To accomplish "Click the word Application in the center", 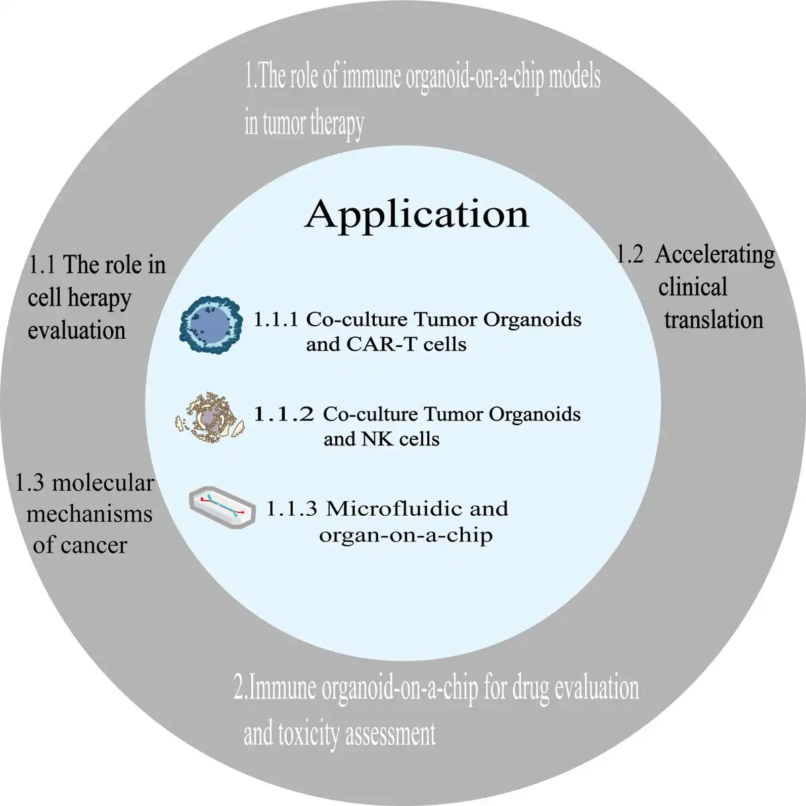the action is [416, 215].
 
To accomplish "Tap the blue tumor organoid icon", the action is [211, 324].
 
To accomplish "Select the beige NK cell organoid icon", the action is [210, 417].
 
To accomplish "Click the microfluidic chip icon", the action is [222, 507].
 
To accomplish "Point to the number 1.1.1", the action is [276, 320].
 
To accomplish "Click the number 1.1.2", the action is [283, 414].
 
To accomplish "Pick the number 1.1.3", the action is [292, 508].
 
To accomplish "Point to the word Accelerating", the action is [715, 256].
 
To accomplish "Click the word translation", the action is [713, 320].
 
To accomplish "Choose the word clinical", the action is [692, 287].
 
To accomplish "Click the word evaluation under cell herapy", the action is [77, 330].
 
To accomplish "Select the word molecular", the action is [103, 483].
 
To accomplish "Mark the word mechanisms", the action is [89, 514].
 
